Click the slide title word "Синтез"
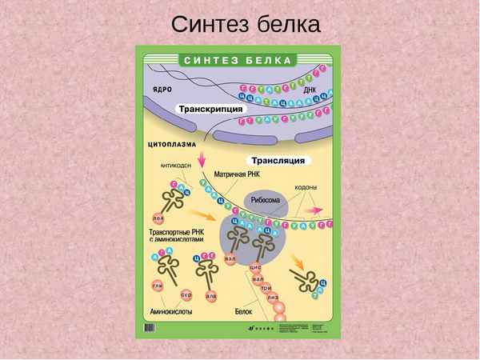(206, 24)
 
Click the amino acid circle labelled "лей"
(158, 217)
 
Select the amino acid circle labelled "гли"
(158, 285)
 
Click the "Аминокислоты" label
(171, 310)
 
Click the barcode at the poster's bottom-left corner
(150, 327)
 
